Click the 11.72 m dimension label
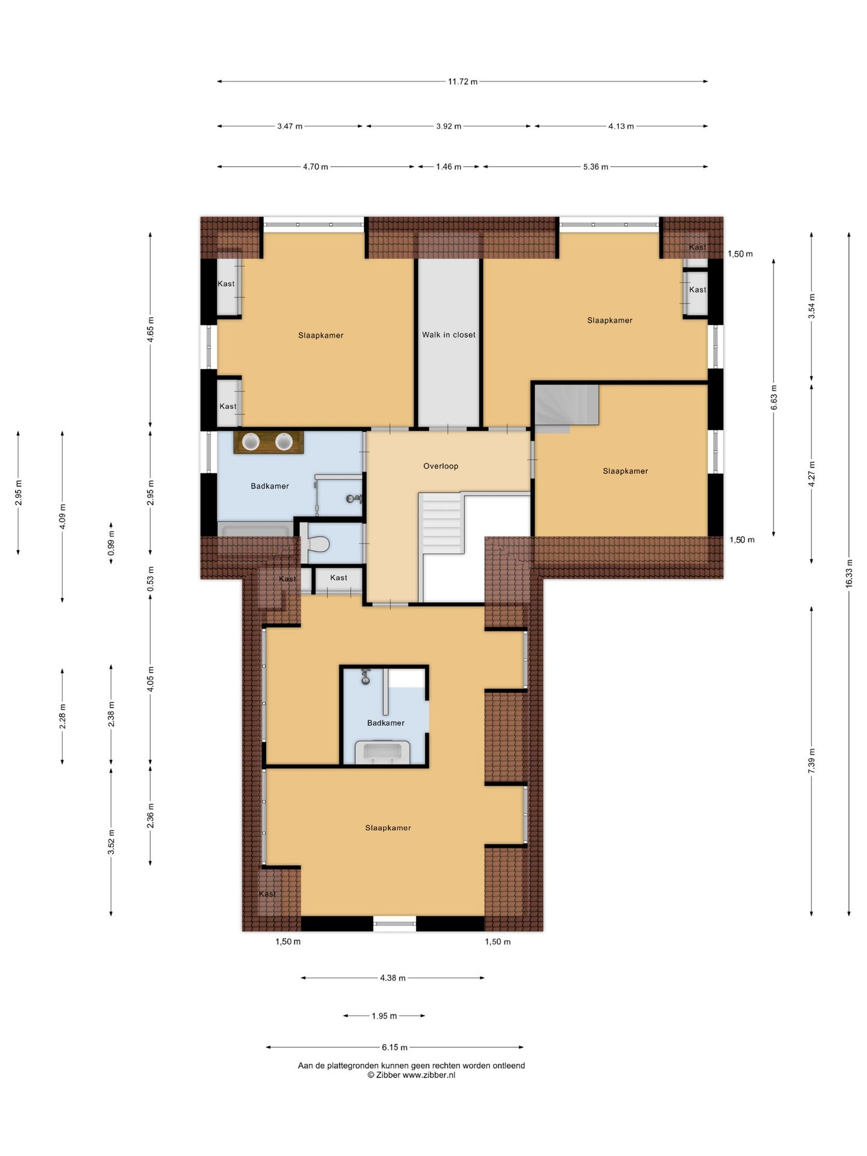pyautogui.click(x=462, y=82)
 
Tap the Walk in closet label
pyautogui.click(x=449, y=335)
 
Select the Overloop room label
pyautogui.click(x=441, y=466)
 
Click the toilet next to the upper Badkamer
pyautogui.click(x=317, y=544)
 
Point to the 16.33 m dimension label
pyautogui.click(x=849, y=573)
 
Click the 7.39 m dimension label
pyautogui.click(x=812, y=761)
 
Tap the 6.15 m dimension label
pyautogui.click(x=395, y=1047)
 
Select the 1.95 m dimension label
pyautogui.click(x=384, y=1016)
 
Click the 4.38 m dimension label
pyautogui.click(x=393, y=978)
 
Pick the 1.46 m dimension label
pyautogui.click(x=449, y=167)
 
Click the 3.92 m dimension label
pyautogui.click(x=449, y=126)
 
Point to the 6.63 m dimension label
pyautogui.click(x=774, y=397)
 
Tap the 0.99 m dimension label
pyautogui.click(x=111, y=542)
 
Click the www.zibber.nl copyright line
pyautogui.click(x=411, y=1075)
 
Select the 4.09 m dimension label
pyautogui.click(x=63, y=517)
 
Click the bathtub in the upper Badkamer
pyautogui.click(x=256, y=529)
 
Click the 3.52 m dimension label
pyautogui.click(x=111, y=841)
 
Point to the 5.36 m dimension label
pyautogui.click(x=595, y=167)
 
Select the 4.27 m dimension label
pyautogui.click(x=812, y=474)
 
